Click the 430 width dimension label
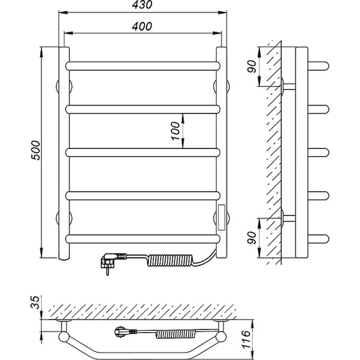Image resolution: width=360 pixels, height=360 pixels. pyautogui.click(x=142, y=4)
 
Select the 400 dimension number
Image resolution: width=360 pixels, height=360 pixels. pyautogui.click(x=142, y=27)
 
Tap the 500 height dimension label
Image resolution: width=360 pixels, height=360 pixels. pyautogui.click(x=36, y=150)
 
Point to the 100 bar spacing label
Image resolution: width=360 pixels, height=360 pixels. pyautogui.click(x=176, y=131)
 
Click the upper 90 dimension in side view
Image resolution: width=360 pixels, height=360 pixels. pyautogui.click(x=252, y=66)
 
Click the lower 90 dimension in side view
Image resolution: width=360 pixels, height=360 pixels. pyautogui.click(x=252, y=238)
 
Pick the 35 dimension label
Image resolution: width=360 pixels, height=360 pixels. pyautogui.click(x=36, y=302)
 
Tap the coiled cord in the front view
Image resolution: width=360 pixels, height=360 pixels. pyautogui.click(x=170, y=259)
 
